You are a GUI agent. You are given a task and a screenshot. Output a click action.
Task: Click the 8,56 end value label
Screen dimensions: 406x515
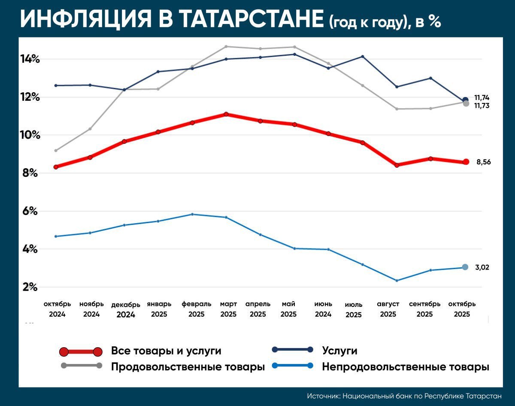point(483,162)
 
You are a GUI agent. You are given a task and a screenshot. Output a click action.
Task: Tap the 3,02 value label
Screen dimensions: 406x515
point(482,267)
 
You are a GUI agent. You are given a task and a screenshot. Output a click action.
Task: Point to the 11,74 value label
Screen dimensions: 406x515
point(482,97)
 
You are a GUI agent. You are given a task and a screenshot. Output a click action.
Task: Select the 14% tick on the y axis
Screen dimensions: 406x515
point(30,59)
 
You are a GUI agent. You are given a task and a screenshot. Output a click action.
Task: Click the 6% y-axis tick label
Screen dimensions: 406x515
point(30,212)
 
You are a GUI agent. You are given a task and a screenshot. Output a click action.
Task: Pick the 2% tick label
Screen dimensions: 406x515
point(30,287)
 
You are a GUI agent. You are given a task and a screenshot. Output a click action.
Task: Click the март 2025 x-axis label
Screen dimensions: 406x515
point(228,309)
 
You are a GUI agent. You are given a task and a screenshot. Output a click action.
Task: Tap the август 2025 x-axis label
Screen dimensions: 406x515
point(388,309)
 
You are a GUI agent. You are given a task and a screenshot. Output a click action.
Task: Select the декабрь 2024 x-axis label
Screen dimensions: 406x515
point(126,309)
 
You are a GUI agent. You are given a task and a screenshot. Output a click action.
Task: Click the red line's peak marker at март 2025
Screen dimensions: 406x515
point(226,114)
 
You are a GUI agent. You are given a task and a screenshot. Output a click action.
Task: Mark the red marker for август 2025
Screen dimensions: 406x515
point(397,165)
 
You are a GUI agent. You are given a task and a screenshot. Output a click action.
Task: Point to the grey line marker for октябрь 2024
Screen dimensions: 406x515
point(56,151)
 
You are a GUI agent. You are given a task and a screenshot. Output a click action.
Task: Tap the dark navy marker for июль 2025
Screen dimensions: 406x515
point(362,57)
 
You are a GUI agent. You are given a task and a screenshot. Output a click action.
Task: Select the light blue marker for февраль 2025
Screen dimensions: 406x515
point(192,214)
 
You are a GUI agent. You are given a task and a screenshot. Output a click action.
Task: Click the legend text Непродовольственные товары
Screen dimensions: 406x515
point(406,367)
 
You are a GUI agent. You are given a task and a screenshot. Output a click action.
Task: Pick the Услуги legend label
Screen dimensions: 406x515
point(339,351)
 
